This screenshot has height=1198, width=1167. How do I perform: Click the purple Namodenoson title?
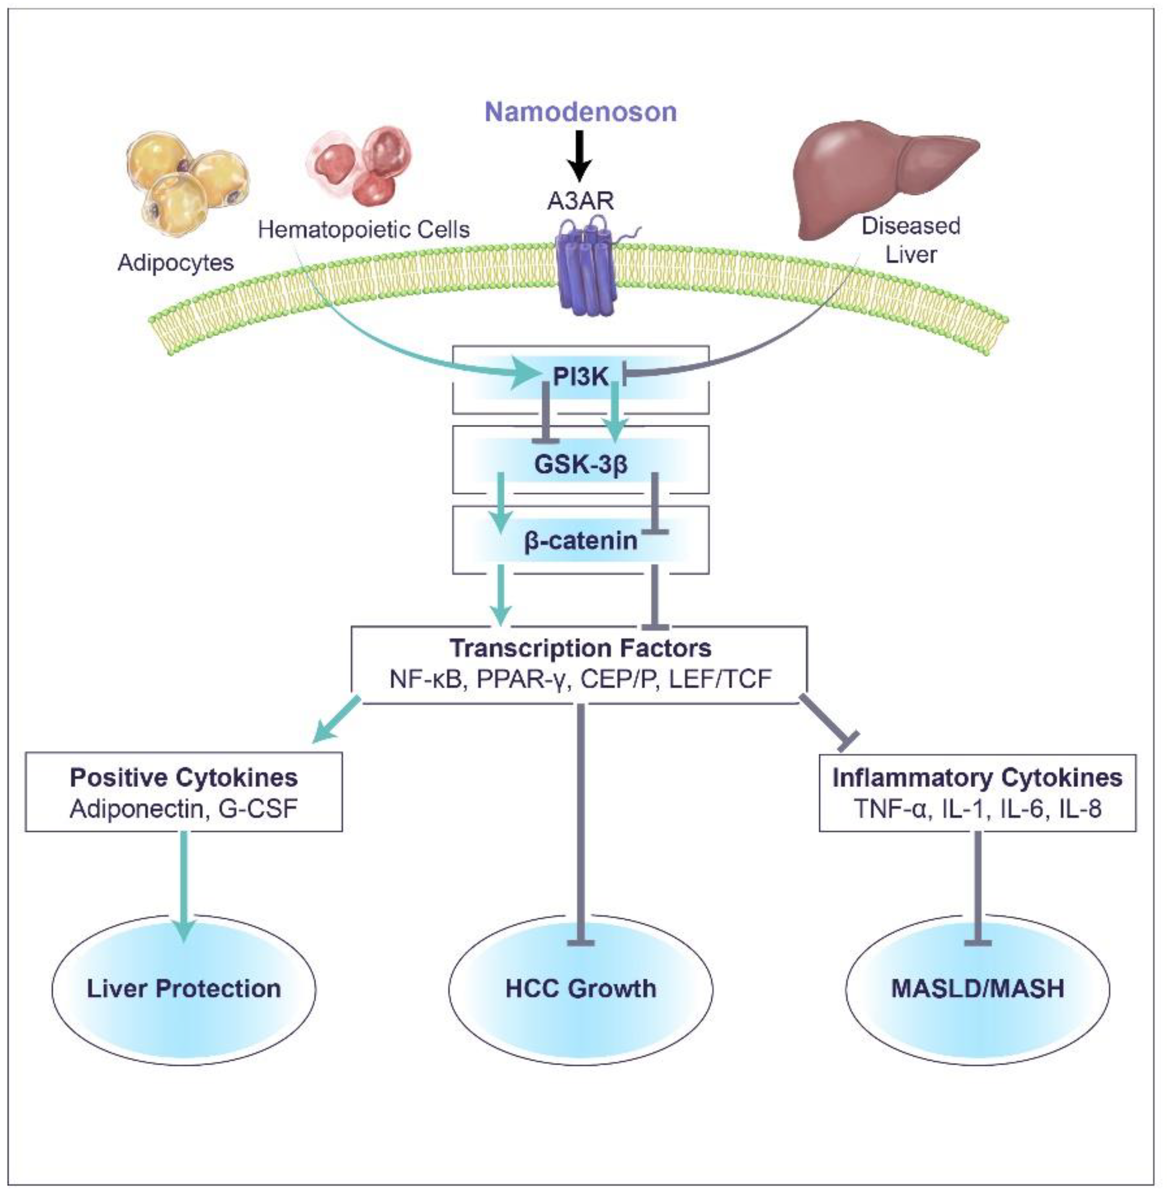581,112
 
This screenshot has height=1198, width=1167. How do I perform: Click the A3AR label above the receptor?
580,201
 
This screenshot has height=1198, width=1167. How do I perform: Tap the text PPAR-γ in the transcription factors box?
522,679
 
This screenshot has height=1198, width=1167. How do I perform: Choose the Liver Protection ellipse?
183,988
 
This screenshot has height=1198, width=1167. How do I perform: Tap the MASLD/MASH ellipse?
977,988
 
